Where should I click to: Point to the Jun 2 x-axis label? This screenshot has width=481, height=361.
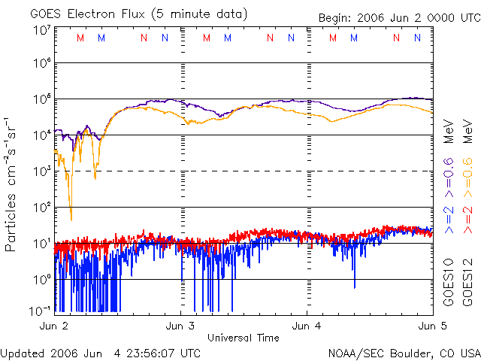click(x=54, y=326)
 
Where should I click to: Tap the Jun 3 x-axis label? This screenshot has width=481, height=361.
click(x=180, y=326)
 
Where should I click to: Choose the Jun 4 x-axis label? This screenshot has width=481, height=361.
click(x=307, y=326)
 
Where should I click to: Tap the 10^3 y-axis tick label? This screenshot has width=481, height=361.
click(x=41, y=172)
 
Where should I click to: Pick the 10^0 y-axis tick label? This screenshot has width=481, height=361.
click(x=41, y=280)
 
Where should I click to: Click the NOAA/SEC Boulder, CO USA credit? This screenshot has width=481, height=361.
click(x=404, y=353)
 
